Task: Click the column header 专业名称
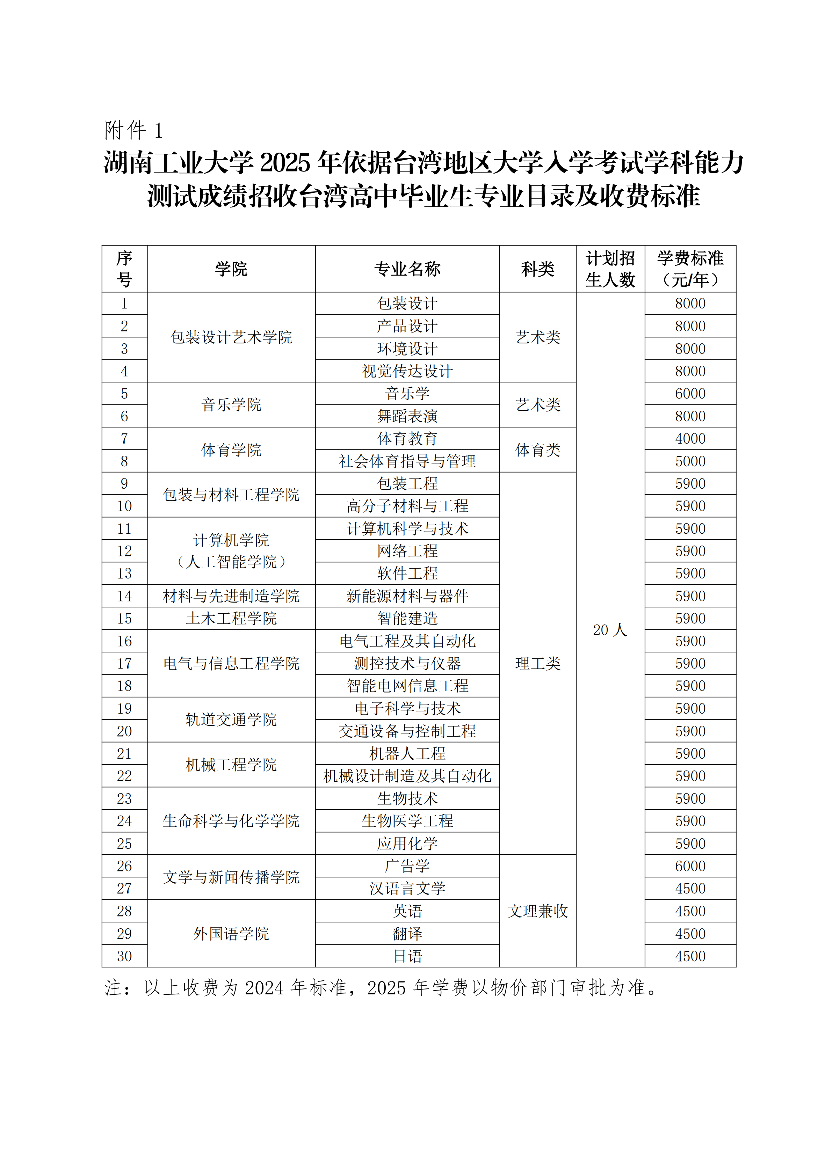pos(407,269)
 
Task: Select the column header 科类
pos(537,269)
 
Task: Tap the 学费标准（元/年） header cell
pos(690,269)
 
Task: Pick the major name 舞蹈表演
pos(407,416)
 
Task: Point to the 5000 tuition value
pos(690,461)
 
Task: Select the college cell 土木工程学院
pos(231,619)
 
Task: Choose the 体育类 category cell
pos(537,450)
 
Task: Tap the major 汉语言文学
pos(407,889)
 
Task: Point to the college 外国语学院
pos(231,934)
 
